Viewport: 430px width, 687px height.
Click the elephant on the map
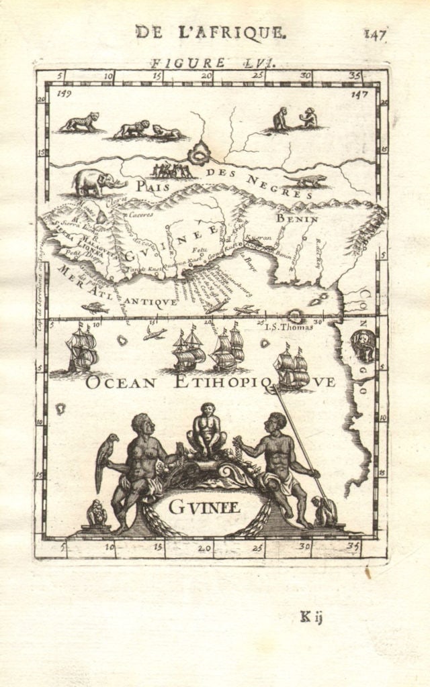(x=97, y=182)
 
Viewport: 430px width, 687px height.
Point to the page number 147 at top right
(x=374, y=34)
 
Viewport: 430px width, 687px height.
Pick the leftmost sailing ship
(x=82, y=349)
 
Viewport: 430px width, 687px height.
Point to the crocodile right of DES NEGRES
(x=306, y=180)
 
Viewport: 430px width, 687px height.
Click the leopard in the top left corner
(x=80, y=123)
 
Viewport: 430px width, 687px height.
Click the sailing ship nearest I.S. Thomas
(x=292, y=368)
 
